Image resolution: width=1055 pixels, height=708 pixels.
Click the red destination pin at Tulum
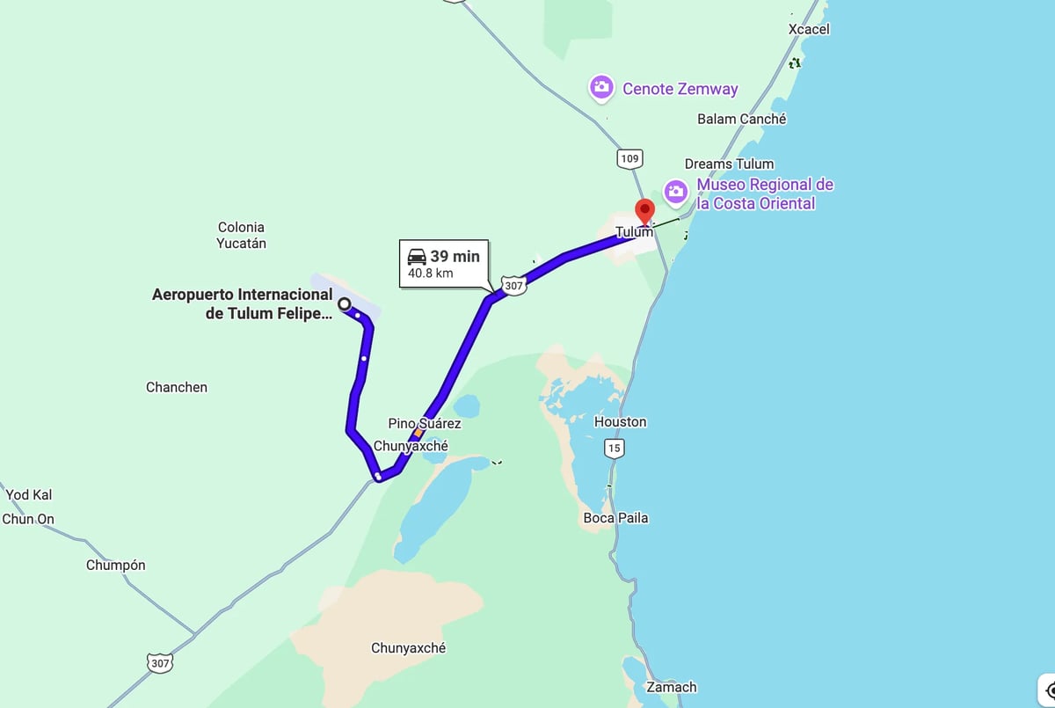[645, 212]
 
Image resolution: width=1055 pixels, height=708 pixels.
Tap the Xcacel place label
[809, 29]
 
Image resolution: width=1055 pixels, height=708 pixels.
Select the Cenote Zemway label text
[680, 88]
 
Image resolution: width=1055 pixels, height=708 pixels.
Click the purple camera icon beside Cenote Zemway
[600, 87]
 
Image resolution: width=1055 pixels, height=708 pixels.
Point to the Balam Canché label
[741, 119]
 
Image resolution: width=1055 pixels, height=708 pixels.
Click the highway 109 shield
[629, 158]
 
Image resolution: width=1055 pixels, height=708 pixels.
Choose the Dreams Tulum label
[729, 164]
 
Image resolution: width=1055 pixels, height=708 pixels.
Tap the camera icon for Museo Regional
[675, 192]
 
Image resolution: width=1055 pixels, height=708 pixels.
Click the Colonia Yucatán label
[241, 235]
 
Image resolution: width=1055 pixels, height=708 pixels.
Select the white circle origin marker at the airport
[345, 304]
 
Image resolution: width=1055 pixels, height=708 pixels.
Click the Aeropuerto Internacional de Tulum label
[243, 303]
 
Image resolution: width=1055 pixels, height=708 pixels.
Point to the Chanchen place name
[177, 387]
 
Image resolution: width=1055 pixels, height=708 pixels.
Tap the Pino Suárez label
[425, 423]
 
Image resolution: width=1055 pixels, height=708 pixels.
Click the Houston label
[620, 421]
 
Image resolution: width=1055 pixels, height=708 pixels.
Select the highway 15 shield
[614, 449]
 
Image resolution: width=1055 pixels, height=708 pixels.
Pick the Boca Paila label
[615, 518]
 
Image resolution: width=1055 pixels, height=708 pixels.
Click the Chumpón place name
[115, 565]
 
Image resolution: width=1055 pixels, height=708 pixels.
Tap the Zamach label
[671, 687]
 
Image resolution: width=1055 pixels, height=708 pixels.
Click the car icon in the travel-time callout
[417, 257]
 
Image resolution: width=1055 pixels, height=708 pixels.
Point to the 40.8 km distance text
[430, 274]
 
